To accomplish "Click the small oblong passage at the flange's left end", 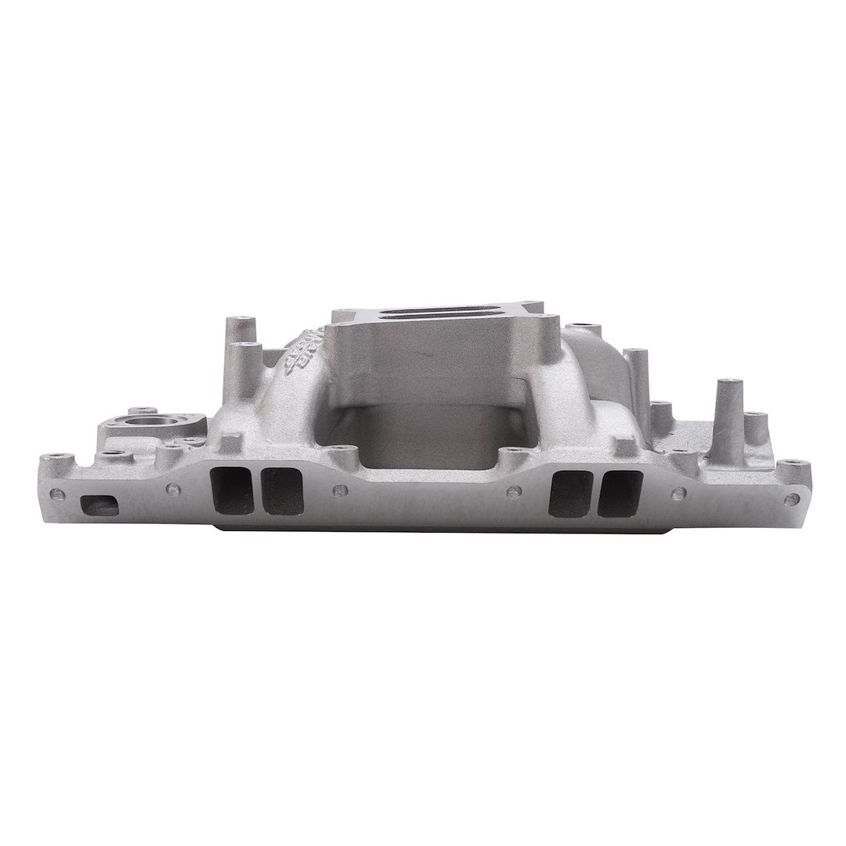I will [x=99, y=506].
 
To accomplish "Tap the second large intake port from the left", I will [x=282, y=491].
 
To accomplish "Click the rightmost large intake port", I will [x=620, y=493].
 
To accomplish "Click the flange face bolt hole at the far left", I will [x=57, y=494].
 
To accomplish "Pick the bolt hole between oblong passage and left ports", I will [x=174, y=490].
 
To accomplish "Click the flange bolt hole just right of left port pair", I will [x=339, y=491].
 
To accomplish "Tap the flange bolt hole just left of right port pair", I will [x=514, y=492].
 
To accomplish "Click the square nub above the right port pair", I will [x=624, y=446].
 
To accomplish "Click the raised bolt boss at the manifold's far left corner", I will [x=56, y=462].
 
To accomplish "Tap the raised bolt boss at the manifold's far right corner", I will [x=793, y=468].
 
